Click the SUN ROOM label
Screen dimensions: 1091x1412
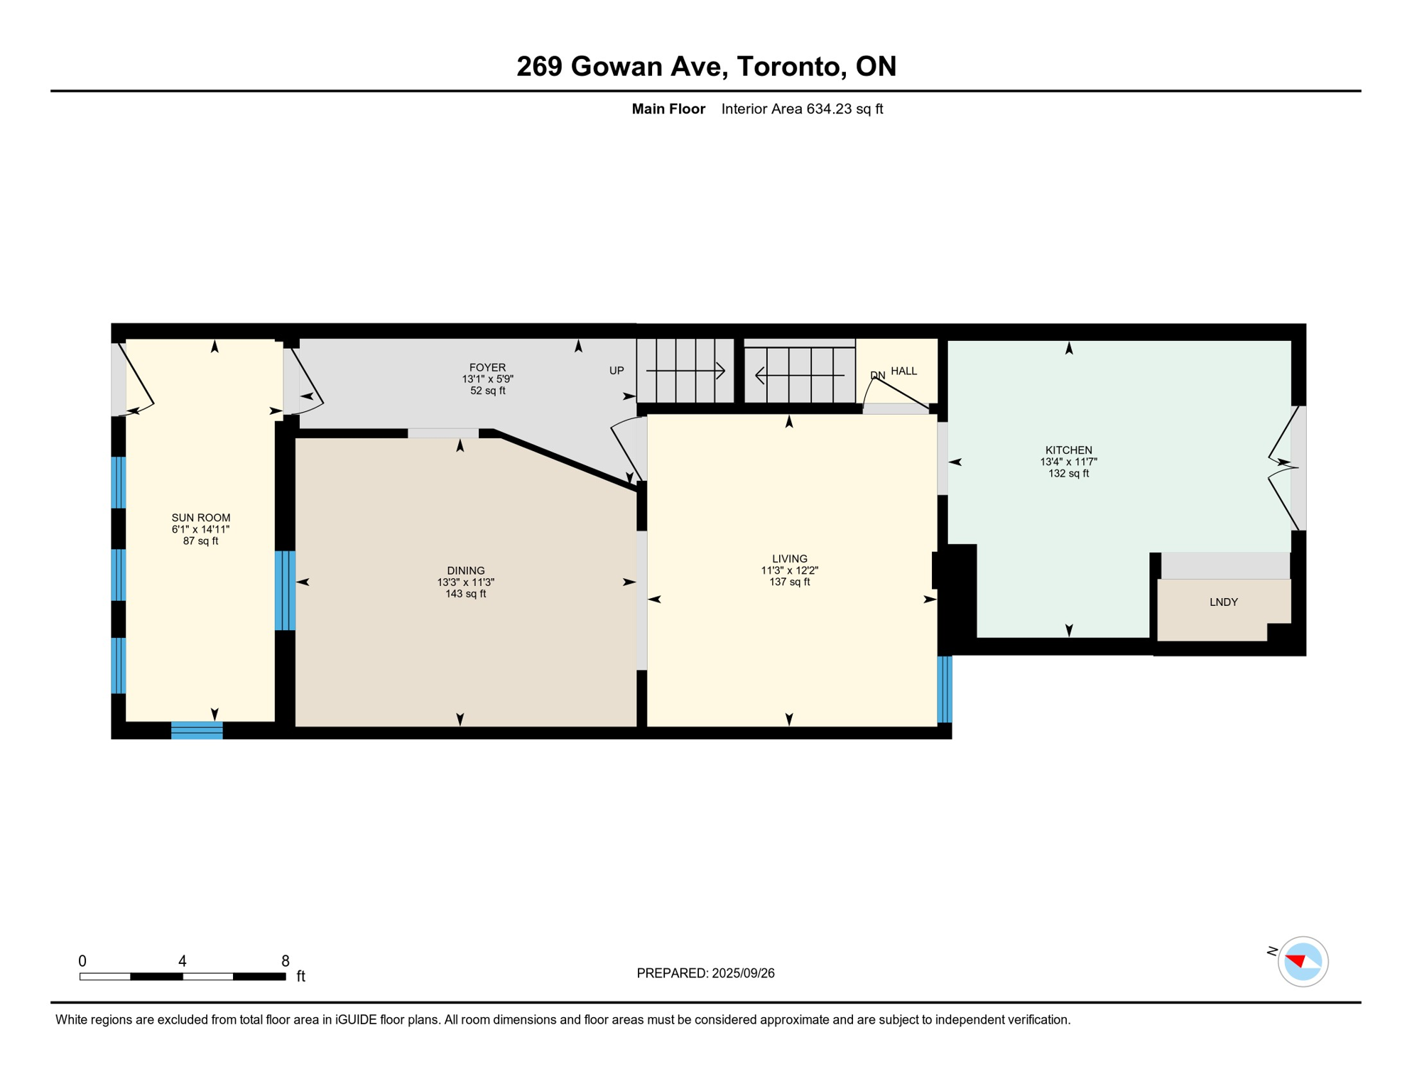[x=200, y=518]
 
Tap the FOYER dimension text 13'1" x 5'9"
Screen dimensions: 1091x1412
[x=487, y=379]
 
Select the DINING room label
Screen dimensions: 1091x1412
[x=465, y=570]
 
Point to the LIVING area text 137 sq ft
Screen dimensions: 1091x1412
[x=789, y=582]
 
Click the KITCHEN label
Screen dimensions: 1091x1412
[x=1068, y=450]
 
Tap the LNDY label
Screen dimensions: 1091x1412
[x=1223, y=602]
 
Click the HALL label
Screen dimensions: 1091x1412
[x=903, y=371]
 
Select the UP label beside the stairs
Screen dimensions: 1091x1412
[x=616, y=371]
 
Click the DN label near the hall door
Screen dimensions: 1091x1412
[x=877, y=375]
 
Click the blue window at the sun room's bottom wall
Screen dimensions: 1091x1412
[x=197, y=730]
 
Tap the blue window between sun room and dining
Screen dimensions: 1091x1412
[x=285, y=590]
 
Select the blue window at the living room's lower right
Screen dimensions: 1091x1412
[x=944, y=689]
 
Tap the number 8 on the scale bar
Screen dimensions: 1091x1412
[x=285, y=961]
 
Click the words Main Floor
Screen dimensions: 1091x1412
[x=668, y=109]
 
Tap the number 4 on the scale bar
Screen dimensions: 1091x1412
[x=183, y=961]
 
